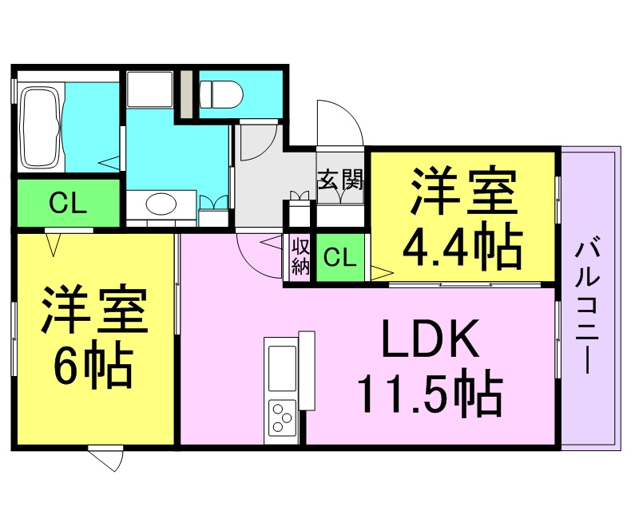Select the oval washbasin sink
[161, 205]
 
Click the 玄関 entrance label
[341, 180]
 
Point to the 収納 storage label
[300, 255]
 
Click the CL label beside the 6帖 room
[68, 204]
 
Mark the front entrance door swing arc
[339, 124]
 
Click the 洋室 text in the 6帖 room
[94, 310]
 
